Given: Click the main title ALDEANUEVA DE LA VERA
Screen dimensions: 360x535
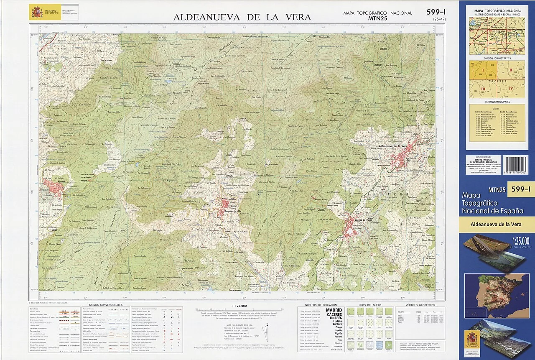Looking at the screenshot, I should tap(242, 17).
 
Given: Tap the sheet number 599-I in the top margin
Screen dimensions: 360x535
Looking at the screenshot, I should tap(436, 13).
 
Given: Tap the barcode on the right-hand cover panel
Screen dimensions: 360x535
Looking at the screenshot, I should tap(515, 165).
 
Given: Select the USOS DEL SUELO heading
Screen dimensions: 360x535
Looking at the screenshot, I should tap(367, 305).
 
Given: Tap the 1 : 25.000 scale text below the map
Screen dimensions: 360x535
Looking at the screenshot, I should tap(238, 306).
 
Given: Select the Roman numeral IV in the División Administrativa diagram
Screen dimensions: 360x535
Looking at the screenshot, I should tap(510, 89).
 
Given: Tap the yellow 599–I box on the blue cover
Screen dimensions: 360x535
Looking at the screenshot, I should tap(520, 189).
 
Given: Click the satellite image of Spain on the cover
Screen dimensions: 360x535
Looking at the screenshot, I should tap(497, 295).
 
